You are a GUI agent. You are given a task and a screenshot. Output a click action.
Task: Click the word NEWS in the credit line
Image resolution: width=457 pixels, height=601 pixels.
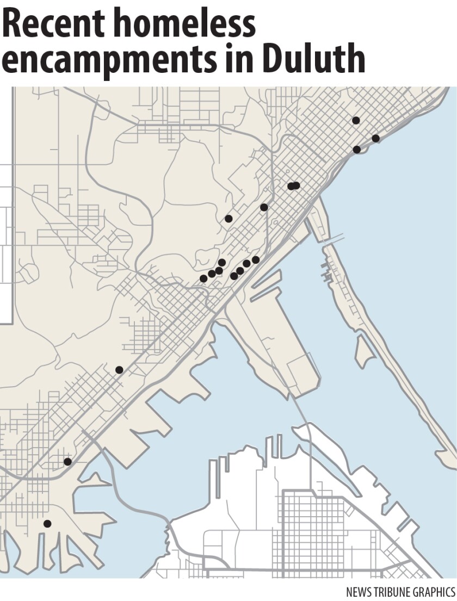(359, 591)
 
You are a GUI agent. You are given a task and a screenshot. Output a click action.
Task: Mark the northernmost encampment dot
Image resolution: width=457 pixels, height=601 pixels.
(356, 120)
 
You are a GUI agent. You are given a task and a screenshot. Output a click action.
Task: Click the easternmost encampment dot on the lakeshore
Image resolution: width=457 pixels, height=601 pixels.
(375, 138)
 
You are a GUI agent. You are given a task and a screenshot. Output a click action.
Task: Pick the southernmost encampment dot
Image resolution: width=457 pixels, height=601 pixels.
(47, 524)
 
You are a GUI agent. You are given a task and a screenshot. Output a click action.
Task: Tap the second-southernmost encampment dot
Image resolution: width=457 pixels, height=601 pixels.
(67, 462)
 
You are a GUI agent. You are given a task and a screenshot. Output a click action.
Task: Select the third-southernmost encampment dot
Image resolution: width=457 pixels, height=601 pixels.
(119, 370)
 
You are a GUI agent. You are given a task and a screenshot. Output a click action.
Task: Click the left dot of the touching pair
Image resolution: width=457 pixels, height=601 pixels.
(291, 186)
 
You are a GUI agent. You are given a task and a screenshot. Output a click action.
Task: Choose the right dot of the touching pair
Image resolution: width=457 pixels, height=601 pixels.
(297, 185)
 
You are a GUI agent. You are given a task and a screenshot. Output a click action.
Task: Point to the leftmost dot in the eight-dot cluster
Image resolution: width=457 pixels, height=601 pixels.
(203, 278)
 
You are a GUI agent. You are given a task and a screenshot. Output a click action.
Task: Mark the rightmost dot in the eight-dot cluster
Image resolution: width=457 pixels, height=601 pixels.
(256, 260)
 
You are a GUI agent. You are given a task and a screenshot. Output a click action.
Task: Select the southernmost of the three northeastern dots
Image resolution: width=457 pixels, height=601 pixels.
(357, 150)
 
